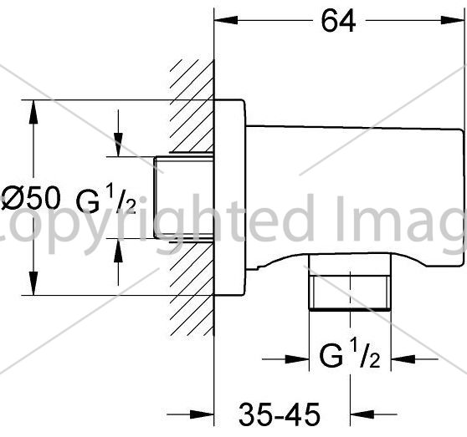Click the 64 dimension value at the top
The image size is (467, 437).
point(338,21)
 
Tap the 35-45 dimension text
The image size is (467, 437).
point(280,414)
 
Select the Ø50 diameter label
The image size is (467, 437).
point(31,199)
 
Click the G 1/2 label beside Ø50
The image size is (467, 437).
point(106,201)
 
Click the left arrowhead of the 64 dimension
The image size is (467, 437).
point(226,20)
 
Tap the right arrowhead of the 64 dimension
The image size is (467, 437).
point(453,20)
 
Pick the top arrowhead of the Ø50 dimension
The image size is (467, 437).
point(33,112)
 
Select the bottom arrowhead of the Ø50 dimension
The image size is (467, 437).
point(33,283)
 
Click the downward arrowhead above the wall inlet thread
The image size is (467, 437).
point(118,145)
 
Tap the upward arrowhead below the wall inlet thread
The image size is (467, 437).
point(118,250)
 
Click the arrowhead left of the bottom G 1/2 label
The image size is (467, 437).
point(297,359)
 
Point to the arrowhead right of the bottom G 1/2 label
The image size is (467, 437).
point(403,359)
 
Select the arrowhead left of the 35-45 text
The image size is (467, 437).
point(202,414)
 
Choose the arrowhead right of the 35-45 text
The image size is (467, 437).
point(362,414)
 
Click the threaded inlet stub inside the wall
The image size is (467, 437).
point(183,197)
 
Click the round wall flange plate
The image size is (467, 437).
point(230,198)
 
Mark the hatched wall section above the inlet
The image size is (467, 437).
point(192,106)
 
